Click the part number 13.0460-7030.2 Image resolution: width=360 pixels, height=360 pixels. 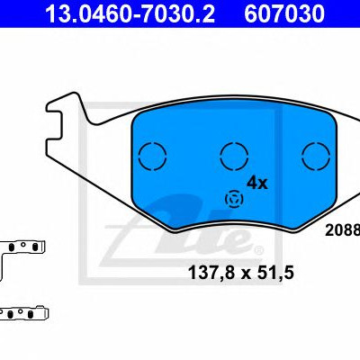(130, 13)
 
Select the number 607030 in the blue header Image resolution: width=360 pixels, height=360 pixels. (284, 13)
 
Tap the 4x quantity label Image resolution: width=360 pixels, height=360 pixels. (256, 183)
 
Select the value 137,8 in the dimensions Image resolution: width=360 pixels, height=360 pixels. (211, 273)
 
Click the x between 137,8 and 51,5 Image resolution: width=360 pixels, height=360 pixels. (245, 274)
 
